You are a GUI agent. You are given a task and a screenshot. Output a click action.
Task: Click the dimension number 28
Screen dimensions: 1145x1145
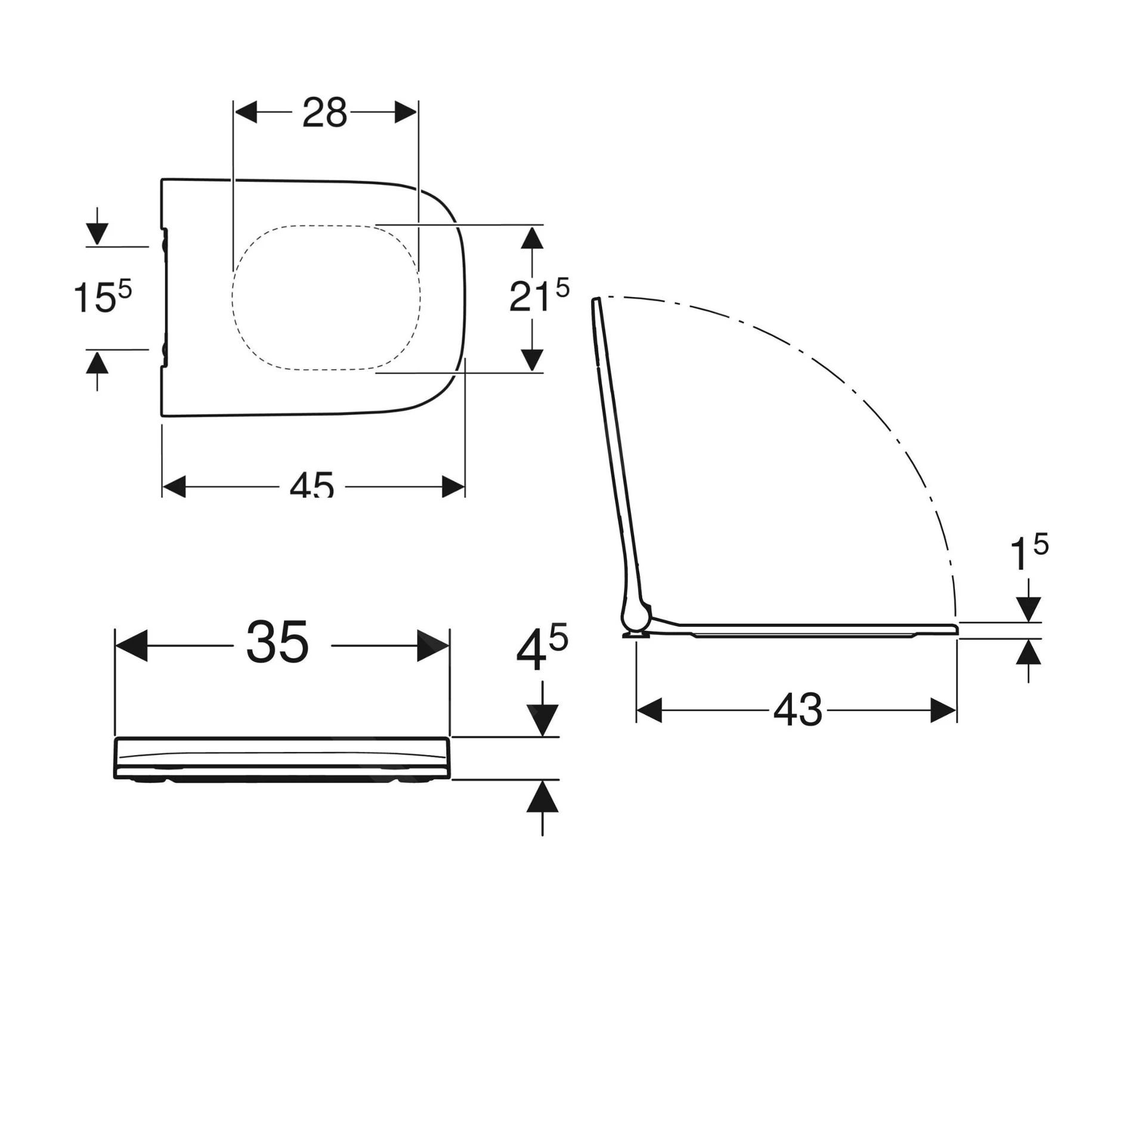pos(324,113)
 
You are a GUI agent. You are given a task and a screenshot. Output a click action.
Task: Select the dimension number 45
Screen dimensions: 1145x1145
pos(312,485)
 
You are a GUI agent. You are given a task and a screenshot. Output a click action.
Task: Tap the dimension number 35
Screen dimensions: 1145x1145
pos(278,642)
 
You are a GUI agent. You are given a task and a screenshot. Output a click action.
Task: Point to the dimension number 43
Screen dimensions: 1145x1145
pos(797,710)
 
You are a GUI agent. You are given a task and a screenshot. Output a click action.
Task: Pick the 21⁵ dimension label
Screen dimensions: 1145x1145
pos(539,296)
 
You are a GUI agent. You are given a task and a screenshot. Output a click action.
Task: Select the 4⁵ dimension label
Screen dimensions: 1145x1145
pos(541,651)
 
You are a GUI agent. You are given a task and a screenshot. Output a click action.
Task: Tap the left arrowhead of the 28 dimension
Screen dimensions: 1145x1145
pos(246,112)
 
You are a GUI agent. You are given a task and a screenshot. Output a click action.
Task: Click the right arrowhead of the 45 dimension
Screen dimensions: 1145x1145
pos(453,487)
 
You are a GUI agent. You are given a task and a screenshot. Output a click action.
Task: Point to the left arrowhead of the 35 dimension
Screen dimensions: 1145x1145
pos(131,646)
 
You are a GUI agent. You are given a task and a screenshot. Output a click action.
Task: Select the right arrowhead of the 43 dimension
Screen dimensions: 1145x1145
pos(943,710)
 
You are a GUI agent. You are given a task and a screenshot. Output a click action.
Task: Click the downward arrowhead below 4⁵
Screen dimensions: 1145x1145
pos(542,720)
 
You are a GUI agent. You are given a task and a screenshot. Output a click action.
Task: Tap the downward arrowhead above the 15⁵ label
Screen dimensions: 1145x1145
pos(97,233)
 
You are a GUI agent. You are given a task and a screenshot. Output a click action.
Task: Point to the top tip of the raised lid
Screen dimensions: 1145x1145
pos(596,301)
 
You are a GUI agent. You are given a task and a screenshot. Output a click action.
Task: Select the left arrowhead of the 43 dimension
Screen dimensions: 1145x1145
pos(649,710)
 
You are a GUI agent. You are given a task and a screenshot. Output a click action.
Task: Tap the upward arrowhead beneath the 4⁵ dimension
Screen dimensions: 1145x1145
pos(542,797)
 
